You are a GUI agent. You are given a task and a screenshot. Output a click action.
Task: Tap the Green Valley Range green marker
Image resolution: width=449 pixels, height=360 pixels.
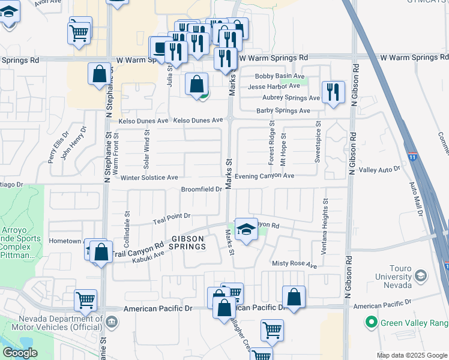click(372, 323)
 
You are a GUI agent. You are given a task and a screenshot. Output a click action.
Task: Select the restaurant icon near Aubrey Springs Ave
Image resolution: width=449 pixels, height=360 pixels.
click(333, 92)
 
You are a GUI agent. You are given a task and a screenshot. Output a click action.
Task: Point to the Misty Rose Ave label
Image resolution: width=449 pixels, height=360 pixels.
click(294, 265)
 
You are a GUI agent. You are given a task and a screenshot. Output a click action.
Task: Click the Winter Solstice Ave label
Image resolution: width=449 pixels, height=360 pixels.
click(149, 178)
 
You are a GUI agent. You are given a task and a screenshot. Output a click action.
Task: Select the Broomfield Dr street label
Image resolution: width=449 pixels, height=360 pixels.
click(202, 190)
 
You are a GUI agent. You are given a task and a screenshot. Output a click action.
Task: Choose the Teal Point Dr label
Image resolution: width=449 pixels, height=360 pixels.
click(171, 215)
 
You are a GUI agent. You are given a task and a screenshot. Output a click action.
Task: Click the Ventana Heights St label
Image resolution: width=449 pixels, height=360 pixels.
click(324, 227)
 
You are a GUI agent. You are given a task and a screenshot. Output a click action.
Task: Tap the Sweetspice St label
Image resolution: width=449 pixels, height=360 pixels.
click(318, 143)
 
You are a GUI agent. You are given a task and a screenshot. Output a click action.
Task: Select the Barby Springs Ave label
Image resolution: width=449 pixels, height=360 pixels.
click(283, 110)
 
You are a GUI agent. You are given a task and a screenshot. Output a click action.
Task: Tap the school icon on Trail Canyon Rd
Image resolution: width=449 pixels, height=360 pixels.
click(246, 230)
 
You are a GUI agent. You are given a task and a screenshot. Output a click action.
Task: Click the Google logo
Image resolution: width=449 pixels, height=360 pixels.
click(20, 353)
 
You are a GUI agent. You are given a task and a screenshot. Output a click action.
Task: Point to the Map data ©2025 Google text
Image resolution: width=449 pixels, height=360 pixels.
click(411, 355)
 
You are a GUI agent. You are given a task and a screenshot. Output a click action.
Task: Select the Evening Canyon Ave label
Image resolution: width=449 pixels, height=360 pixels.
click(264, 176)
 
